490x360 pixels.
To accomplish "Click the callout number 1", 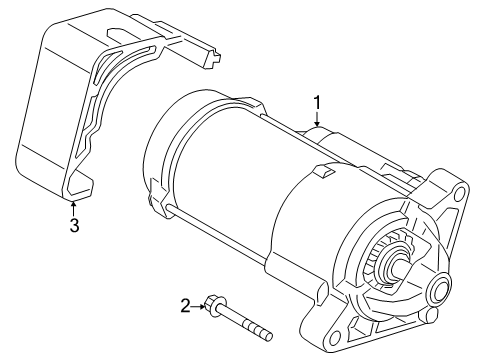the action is (x=317, y=103).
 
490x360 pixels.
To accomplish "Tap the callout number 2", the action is (x=185, y=306).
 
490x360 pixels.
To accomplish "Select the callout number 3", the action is (x=74, y=225).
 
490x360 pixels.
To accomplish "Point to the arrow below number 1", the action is (x=317, y=119).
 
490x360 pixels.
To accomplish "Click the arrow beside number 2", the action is (x=198, y=306).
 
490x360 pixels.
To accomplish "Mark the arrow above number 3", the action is (x=73, y=209).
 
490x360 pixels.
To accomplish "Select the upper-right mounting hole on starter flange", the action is (x=460, y=193).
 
